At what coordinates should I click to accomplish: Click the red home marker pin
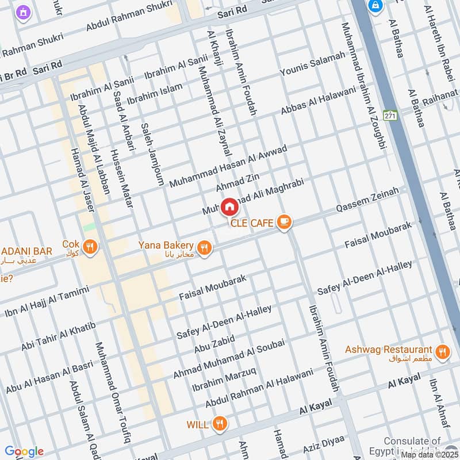coord(229,206)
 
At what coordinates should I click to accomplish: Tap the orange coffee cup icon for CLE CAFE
coord(283,222)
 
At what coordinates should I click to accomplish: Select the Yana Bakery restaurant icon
coord(204,248)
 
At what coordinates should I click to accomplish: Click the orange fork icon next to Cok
coord(90,247)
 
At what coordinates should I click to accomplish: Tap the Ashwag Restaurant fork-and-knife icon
coord(442,352)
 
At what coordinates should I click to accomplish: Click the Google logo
coord(24,451)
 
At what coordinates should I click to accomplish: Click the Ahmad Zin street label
coord(234,181)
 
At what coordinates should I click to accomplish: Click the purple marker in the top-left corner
coord(23,11)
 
